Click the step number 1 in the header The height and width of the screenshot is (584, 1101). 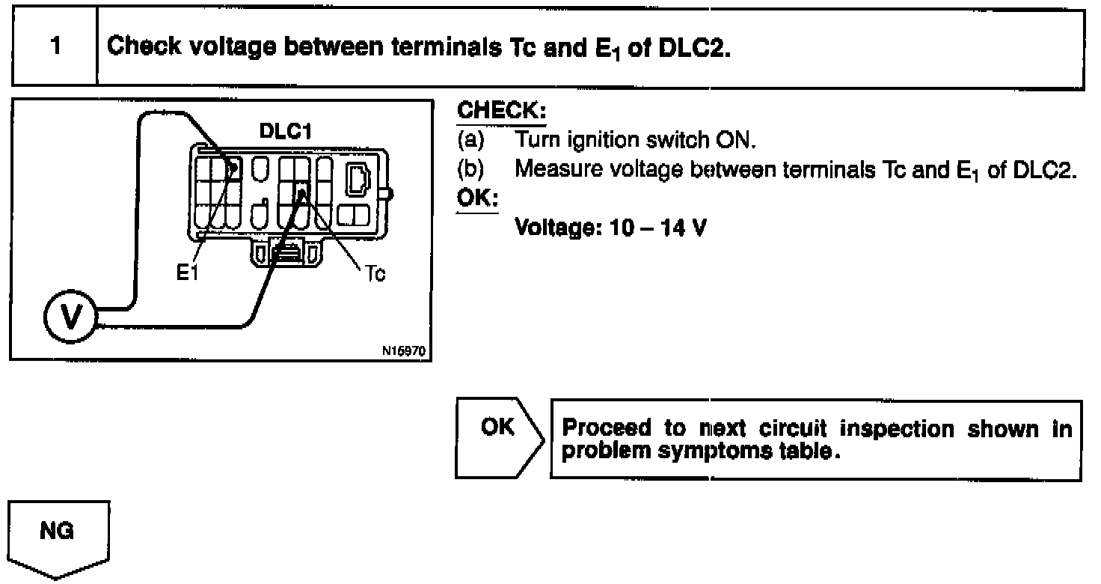[55, 46]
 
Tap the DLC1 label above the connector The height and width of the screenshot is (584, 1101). [284, 132]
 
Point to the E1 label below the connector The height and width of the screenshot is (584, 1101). [188, 274]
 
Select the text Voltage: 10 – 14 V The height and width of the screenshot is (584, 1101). [611, 227]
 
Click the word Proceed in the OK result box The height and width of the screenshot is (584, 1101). [607, 429]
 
